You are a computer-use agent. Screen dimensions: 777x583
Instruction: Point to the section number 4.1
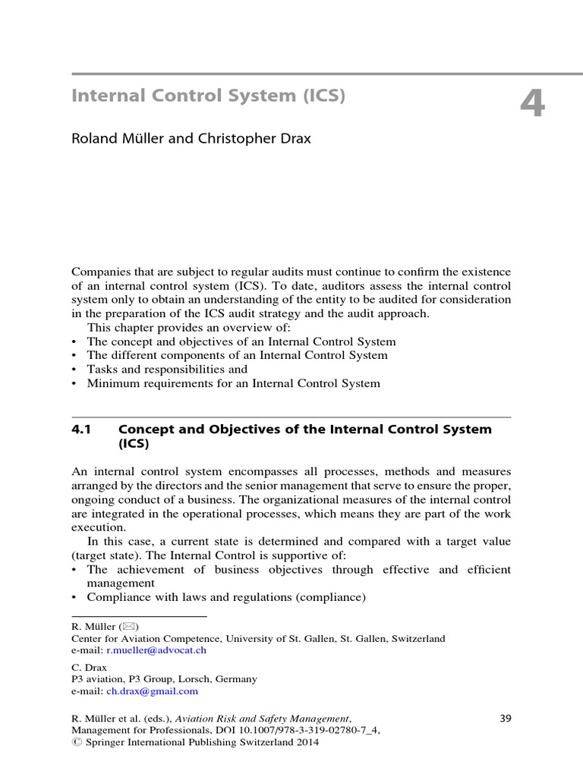click(x=81, y=429)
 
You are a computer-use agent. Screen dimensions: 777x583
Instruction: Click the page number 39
click(x=508, y=718)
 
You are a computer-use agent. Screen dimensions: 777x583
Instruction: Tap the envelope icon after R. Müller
click(x=125, y=627)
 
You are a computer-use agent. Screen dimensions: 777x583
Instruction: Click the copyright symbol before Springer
click(x=74, y=744)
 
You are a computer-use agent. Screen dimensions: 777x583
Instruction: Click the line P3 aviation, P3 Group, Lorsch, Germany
click(x=163, y=679)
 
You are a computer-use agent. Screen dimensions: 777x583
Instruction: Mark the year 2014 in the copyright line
click(x=306, y=744)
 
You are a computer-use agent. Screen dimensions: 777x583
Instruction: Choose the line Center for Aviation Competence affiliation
click(x=257, y=639)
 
